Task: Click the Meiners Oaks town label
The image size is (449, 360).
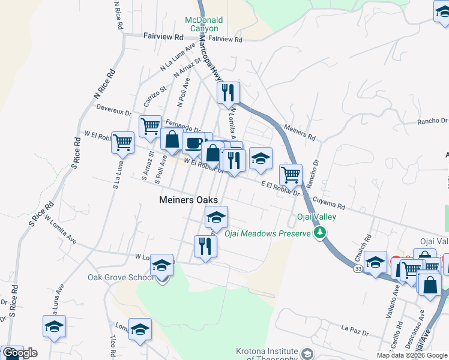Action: (188, 200)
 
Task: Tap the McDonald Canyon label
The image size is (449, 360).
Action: (203, 24)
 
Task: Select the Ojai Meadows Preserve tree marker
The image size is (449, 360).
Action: (321, 232)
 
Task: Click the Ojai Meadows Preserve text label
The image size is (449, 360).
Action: (267, 233)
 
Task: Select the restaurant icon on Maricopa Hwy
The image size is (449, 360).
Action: (228, 93)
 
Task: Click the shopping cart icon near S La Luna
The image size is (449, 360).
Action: (122, 143)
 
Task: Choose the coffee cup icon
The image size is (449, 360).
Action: (193, 143)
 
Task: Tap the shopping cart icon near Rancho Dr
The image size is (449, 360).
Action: (291, 175)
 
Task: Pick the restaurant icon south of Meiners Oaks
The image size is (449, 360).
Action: (205, 245)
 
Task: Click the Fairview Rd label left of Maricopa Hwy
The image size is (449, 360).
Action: (163, 37)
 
